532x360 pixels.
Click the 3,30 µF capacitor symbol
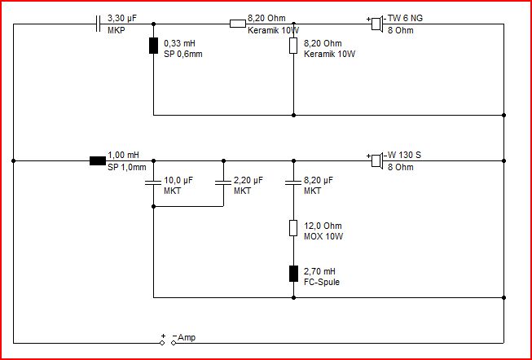98,24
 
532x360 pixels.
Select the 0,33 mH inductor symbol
153,46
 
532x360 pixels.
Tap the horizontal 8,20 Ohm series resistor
238,24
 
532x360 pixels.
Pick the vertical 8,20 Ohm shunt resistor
293,46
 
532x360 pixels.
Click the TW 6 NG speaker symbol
377,24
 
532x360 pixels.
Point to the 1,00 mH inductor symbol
98,160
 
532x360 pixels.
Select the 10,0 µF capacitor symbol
153,182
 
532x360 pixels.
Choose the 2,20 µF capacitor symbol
223,182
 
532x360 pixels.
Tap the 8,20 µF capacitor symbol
293,182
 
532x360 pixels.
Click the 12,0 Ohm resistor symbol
293,228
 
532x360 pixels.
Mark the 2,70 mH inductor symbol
293,274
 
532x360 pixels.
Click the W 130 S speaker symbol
377,160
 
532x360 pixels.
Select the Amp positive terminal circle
162,343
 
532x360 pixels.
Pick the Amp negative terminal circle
174,343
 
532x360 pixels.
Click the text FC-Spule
322,283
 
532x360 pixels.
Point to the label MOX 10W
323,236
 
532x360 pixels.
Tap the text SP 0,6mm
183,54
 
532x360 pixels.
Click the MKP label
117,30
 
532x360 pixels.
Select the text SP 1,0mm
127,167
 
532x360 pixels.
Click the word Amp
187,338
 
